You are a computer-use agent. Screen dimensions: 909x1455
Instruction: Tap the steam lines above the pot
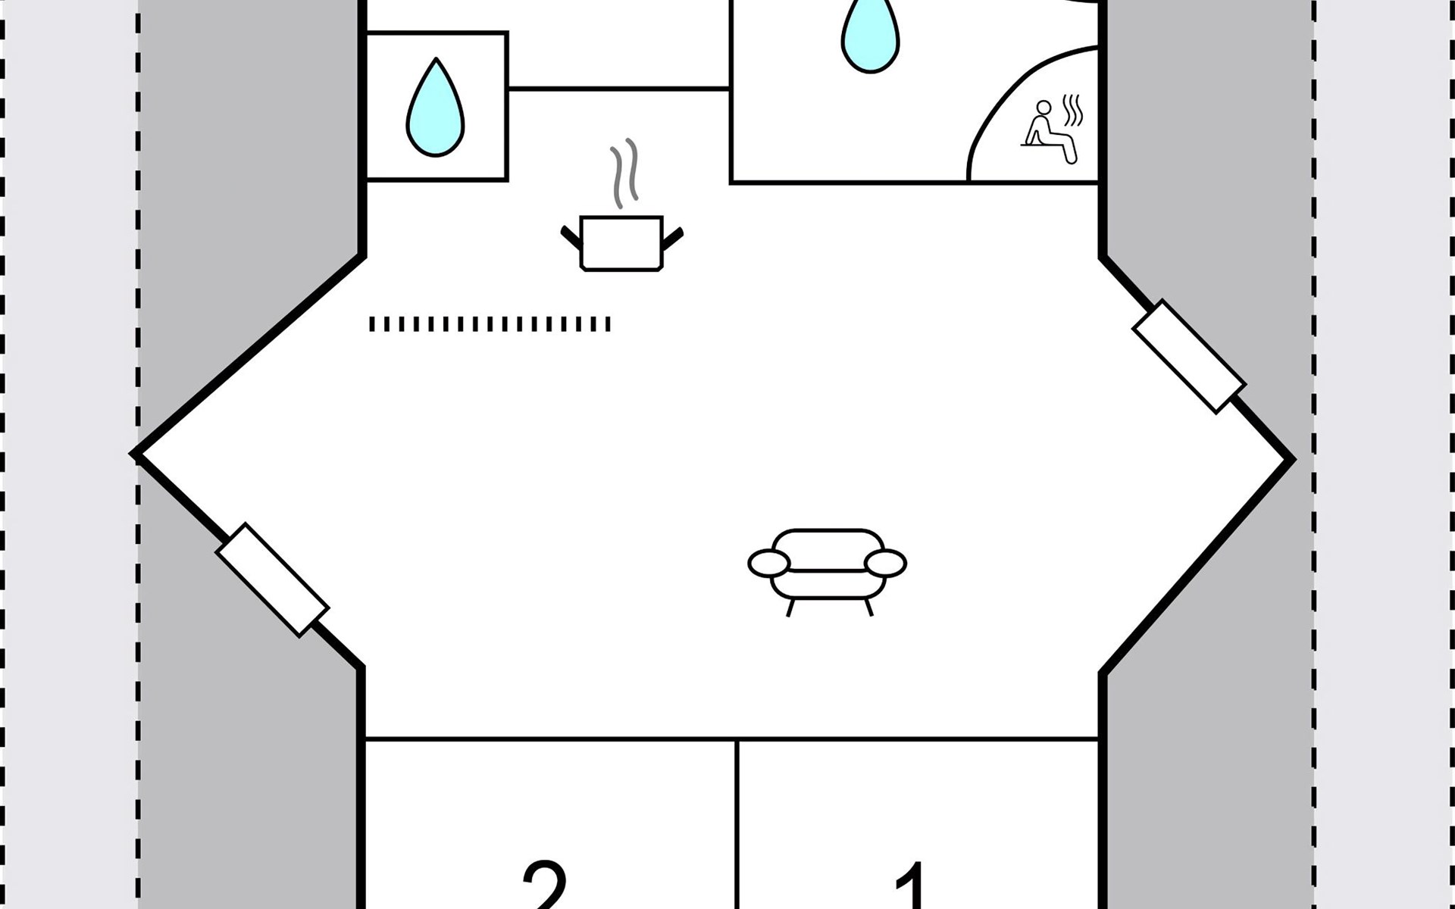point(624,173)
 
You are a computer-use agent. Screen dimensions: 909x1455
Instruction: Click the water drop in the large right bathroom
point(871,34)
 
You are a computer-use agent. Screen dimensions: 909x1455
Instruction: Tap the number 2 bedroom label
point(544,886)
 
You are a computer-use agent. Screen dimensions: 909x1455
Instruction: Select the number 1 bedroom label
point(913,886)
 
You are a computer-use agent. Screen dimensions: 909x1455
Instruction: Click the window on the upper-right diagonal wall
point(1188,356)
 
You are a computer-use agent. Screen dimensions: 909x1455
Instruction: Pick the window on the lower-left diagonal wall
point(272,579)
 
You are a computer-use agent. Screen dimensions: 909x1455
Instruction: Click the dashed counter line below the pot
point(490,324)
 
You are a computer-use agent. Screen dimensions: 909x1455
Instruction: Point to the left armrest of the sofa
point(768,563)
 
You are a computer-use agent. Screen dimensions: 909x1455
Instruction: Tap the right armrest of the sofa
point(885,563)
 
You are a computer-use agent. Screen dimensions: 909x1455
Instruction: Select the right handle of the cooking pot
point(673,236)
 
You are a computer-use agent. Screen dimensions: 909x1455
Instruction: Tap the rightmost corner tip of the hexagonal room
point(1291,459)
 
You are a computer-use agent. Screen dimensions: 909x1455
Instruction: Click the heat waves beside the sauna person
point(1073,111)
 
